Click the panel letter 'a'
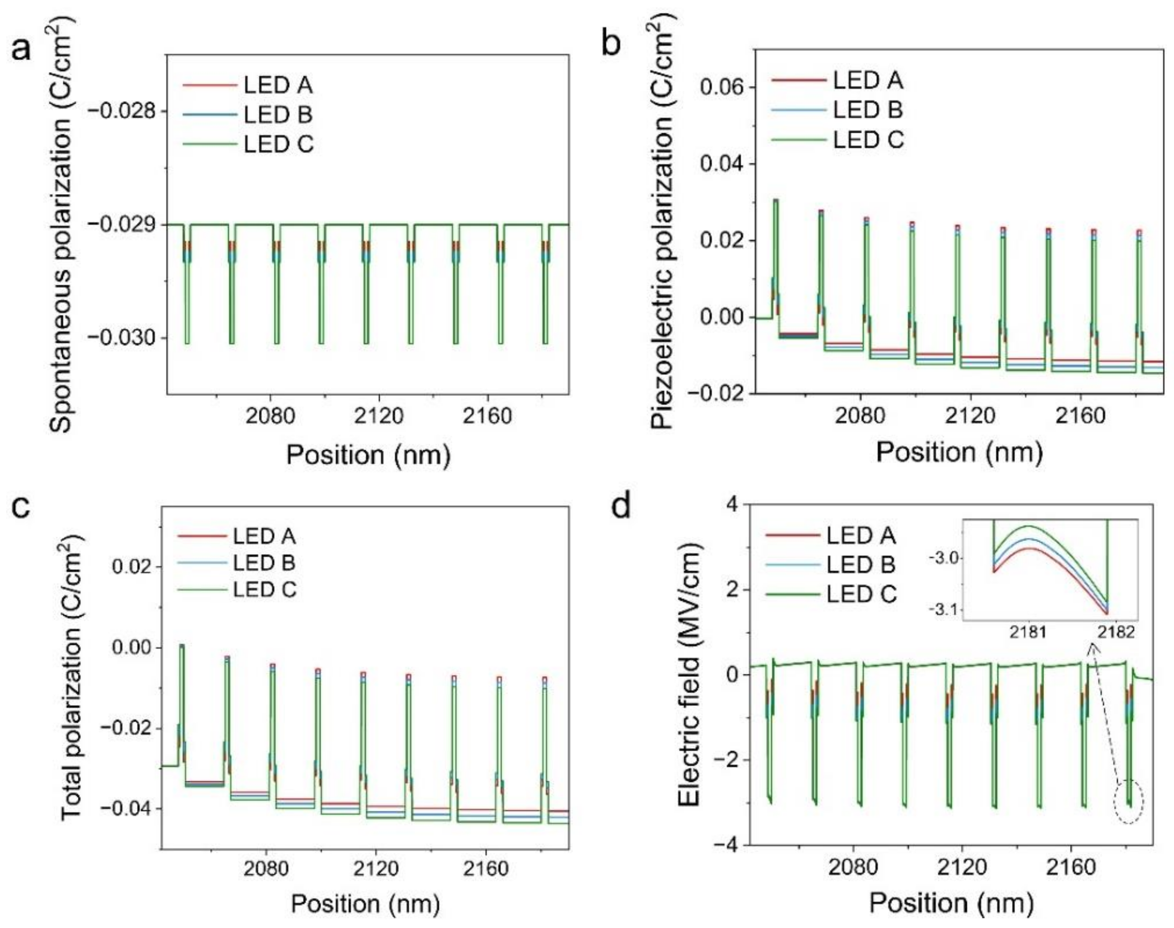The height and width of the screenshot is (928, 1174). (x=22, y=50)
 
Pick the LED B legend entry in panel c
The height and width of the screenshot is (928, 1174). (x=264, y=563)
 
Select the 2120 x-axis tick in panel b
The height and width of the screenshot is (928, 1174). (x=971, y=416)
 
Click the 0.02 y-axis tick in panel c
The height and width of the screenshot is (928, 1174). (x=130, y=567)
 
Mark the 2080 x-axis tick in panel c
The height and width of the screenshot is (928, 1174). (x=266, y=868)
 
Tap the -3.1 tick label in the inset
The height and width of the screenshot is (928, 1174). (x=944, y=610)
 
